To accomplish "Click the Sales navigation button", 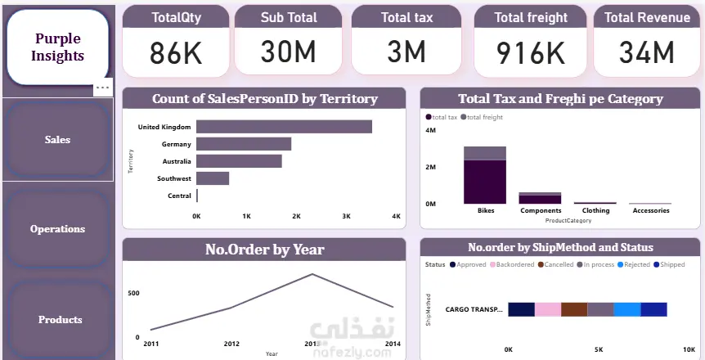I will [x=57, y=140].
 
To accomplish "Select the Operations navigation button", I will [x=57, y=229].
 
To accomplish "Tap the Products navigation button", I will [x=60, y=319].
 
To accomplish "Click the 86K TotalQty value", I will [x=176, y=53].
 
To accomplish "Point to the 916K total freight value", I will [x=531, y=53].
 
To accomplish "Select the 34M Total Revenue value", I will [x=646, y=53].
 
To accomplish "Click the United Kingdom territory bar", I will [x=284, y=127].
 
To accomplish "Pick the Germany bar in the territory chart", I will [x=244, y=144].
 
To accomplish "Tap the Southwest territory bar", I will [x=213, y=178].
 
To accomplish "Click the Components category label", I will [x=540, y=210].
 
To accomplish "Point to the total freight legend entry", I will [x=483, y=118].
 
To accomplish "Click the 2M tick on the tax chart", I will [x=430, y=167].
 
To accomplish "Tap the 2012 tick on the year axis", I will [x=231, y=344].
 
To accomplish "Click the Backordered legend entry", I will [x=513, y=264].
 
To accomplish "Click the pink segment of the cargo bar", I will [x=548, y=309].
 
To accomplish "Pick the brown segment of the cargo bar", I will [x=574, y=309].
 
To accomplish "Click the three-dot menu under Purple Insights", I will [x=102, y=88].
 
